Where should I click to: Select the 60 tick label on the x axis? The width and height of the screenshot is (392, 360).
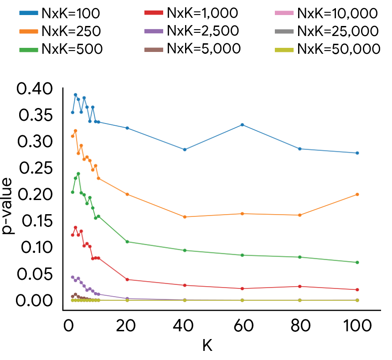tap(242, 326)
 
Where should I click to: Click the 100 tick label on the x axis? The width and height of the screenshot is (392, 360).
tap(357, 326)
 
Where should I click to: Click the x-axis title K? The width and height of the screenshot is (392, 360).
tap(207, 345)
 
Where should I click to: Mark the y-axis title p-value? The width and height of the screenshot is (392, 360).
tap(9, 207)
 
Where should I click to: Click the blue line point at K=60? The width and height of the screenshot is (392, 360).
tap(242, 125)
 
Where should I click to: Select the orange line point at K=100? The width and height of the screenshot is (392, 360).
tap(357, 194)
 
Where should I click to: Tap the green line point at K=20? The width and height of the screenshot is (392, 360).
tap(127, 242)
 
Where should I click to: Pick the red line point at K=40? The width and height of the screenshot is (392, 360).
tap(185, 285)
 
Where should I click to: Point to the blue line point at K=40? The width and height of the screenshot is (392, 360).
tap(185, 149)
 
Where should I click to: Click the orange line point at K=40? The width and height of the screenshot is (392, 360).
tap(185, 217)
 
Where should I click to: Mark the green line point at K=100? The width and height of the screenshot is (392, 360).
tap(357, 262)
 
